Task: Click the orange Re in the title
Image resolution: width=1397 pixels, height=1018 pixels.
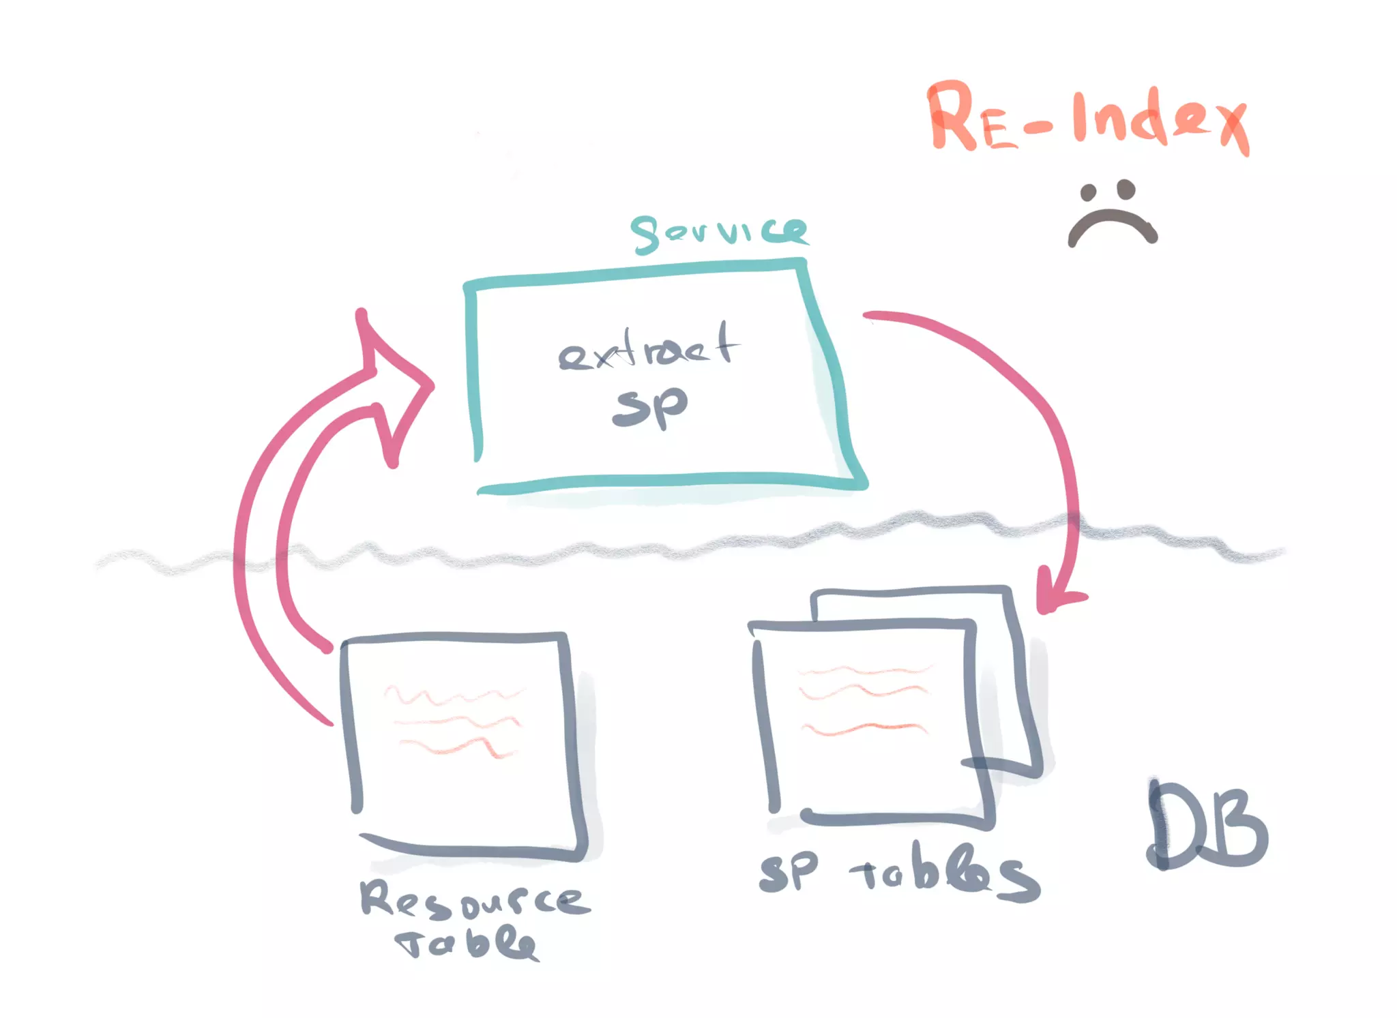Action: [x=972, y=117]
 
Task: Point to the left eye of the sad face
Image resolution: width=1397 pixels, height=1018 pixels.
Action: [x=1089, y=192]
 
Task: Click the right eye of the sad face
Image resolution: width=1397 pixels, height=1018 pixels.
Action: [x=1126, y=189]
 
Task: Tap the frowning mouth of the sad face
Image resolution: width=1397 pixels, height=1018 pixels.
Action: [x=1112, y=225]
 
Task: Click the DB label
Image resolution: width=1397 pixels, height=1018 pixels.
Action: [x=1206, y=826]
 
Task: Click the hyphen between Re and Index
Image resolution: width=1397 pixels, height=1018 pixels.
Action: [x=1038, y=127]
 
